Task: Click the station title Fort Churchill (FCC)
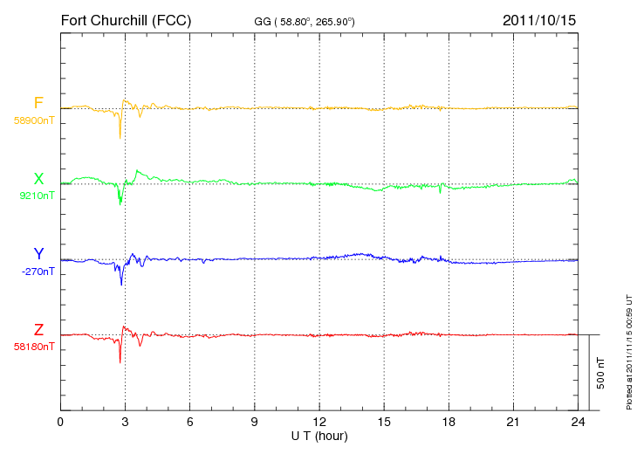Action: click(x=126, y=20)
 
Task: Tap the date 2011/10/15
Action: click(x=539, y=20)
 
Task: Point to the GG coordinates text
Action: click(x=305, y=22)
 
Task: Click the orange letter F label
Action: click(x=38, y=103)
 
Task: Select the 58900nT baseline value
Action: click(x=34, y=120)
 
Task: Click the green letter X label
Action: click(x=38, y=179)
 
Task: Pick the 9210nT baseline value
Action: click(x=37, y=196)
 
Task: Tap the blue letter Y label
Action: click(x=38, y=254)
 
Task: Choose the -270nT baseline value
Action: click(x=38, y=272)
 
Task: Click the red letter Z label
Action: click(x=38, y=330)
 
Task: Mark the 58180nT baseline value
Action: click(x=34, y=347)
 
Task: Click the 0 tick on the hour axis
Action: click(x=60, y=422)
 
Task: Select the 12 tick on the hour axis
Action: click(x=319, y=422)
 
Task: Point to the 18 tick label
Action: click(x=449, y=422)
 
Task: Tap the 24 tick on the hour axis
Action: click(x=578, y=422)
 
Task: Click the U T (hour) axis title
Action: click(x=319, y=437)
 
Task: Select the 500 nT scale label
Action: click(x=601, y=373)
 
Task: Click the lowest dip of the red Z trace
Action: click(x=120, y=362)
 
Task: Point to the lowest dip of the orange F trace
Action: click(x=120, y=139)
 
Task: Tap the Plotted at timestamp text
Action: click(x=629, y=352)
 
